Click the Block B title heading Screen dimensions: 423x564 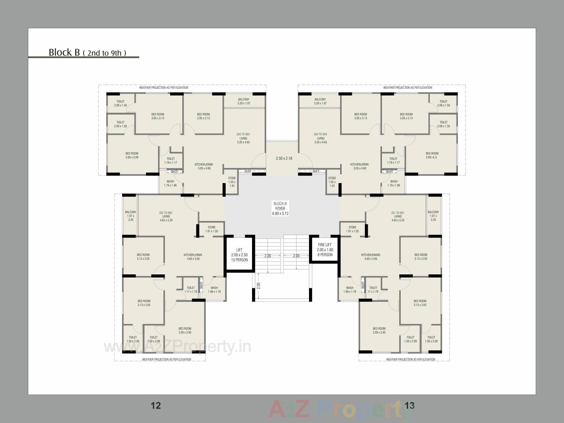(x=87, y=52)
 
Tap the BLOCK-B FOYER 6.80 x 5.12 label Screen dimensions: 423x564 (x=280, y=209)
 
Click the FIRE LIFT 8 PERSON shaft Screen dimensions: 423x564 (x=325, y=250)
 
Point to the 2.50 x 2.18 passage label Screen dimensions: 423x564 (x=284, y=158)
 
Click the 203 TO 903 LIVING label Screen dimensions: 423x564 (x=243, y=138)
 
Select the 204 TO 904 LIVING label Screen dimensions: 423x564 (x=320, y=138)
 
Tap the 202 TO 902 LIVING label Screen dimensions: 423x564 (x=166, y=216)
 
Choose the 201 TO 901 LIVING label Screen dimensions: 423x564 (x=398, y=216)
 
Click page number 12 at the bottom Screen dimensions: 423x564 (x=156, y=405)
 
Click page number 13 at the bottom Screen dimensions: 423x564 (x=409, y=405)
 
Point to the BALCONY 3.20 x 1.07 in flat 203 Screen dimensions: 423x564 (x=244, y=101)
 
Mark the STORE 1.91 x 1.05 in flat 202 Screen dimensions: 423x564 (x=211, y=229)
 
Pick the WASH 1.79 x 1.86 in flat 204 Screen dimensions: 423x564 (x=394, y=183)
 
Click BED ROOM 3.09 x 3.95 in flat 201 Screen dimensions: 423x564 (x=379, y=330)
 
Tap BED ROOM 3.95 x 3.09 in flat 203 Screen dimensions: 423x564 (x=132, y=155)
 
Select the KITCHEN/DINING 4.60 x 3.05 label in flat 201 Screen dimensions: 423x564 (x=370, y=257)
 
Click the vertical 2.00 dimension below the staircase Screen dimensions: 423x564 (x=258, y=285)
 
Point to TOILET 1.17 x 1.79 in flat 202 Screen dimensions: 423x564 (x=191, y=290)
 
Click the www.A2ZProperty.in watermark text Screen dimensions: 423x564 (x=177, y=347)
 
